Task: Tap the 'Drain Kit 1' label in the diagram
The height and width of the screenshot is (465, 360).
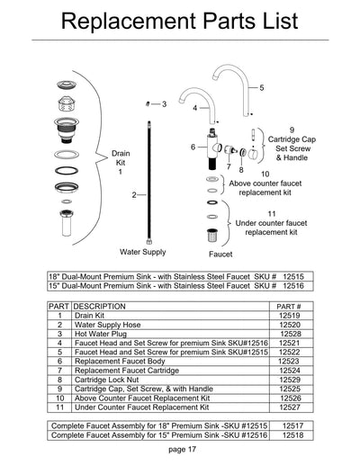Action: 120,163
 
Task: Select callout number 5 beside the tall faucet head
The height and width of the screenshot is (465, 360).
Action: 262,88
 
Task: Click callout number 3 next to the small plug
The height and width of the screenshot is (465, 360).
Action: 164,104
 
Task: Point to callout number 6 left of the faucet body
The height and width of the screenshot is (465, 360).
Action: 193,146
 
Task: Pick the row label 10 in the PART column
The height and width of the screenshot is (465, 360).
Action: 59,397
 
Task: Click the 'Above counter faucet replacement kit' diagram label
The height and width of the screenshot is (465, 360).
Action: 265,183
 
